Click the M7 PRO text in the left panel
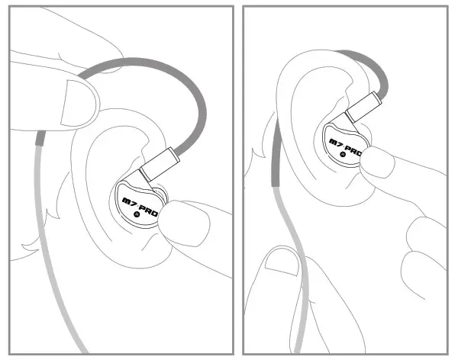(140, 206)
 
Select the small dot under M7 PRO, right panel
(343, 153)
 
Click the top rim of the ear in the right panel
(313, 57)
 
